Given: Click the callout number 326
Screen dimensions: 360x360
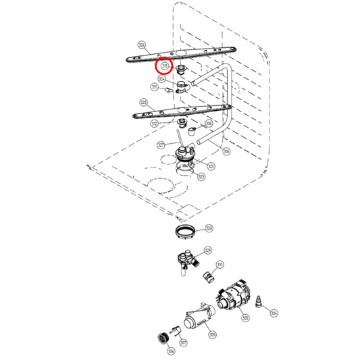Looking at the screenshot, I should point(141,45).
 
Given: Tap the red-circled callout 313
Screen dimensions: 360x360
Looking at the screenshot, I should point(164,66).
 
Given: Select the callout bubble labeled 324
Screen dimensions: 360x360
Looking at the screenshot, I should point(161,79).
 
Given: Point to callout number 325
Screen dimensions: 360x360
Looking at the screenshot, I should point(143,103).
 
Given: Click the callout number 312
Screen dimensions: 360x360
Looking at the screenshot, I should point(154,124).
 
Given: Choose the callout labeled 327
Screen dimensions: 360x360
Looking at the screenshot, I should point(161,145).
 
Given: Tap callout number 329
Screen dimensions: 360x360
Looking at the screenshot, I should point(207,251).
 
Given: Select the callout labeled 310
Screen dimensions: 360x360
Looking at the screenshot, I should point(220,265).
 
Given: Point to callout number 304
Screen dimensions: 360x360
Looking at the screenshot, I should point(274,313).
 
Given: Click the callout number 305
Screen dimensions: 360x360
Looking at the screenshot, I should point(212,334).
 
